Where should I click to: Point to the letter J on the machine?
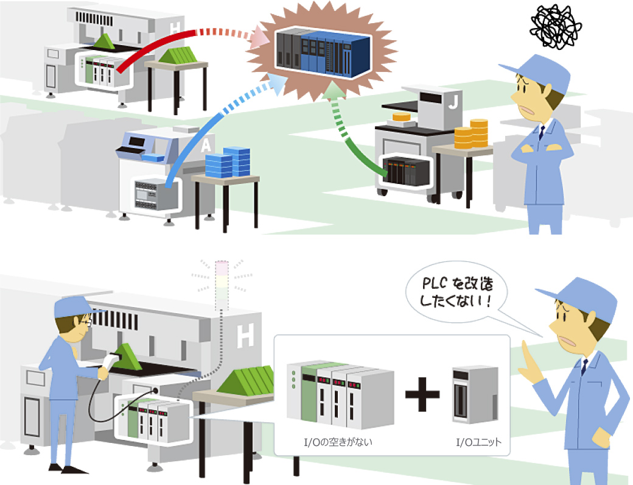coord(453,104)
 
